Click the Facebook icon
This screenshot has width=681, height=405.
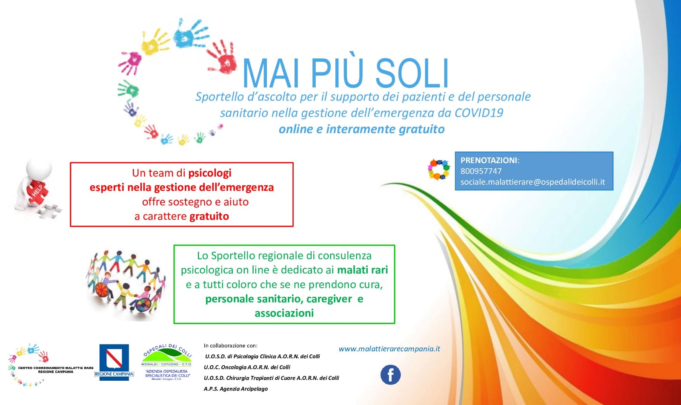click(390, 375)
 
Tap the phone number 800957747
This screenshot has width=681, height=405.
click(481, 171)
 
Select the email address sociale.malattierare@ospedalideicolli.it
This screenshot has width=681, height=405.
click(532, 182)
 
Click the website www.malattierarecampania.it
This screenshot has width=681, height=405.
click(389, 349)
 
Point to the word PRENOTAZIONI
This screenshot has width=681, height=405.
click(489, 161)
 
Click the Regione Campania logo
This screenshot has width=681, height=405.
click(114, 362)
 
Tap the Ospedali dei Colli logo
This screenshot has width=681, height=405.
click(166, 362)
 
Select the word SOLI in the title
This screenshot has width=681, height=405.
click(412, 73)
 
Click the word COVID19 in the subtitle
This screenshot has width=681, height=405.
click(479, 113)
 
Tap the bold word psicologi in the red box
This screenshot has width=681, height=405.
click(210, 173)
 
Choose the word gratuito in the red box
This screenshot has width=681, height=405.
click(209, 216)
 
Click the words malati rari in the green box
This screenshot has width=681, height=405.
click(362, 270)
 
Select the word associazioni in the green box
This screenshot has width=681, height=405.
click(284, 313)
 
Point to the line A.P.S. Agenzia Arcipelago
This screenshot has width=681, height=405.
click(236, 389)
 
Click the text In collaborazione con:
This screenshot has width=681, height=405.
click(230, 346)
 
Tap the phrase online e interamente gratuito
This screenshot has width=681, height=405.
click(362, 129)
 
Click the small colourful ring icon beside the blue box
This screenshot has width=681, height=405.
click(439, 169)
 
